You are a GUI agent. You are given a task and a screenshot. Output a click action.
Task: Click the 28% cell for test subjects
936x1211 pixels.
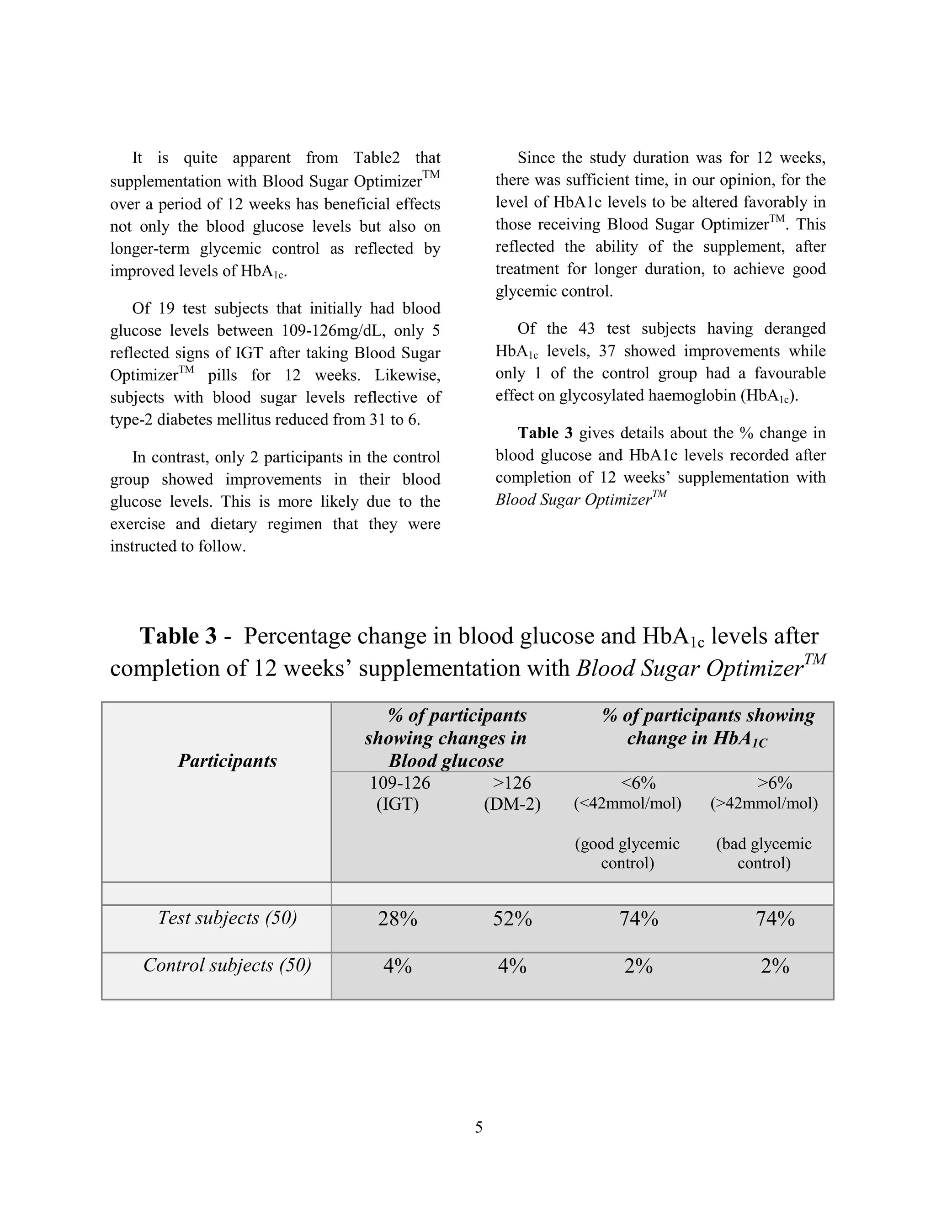click(x=398, y=919)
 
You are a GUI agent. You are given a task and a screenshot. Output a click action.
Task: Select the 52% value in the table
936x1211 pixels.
click(x=512, y=919)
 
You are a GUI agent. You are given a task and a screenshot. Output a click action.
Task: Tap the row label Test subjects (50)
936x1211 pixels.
click(x=227, y=918)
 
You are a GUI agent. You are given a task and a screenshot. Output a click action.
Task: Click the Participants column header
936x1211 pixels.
click(x=227, y=761)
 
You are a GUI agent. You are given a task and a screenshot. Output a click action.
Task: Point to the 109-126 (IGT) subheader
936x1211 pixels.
click(x=399, y=793)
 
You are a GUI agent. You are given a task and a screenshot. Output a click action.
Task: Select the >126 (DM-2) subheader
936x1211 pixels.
click(x=512, y=793)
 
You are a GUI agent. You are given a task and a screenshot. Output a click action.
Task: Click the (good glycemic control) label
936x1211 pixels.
click(x=627, y=853)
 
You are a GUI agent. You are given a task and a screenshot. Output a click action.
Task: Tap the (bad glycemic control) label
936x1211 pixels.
click(x=764, y=853)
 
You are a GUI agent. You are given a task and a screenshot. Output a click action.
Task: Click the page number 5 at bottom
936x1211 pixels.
click(x=479, y=1127)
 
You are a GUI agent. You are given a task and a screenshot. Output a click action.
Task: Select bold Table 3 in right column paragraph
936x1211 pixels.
click(x=544, y=433)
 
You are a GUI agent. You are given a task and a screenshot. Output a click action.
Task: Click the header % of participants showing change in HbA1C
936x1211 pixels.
click(x=707, y=727)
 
